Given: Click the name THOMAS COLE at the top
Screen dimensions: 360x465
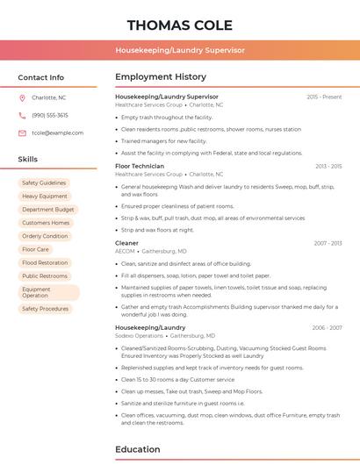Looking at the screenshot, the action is (x=180, y=25).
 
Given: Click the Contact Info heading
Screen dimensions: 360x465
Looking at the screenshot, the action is (x=41, y=77).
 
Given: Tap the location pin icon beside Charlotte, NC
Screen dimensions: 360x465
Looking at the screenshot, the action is (x=22, y=97).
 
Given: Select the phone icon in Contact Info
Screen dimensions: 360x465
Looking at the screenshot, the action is (x=22, y=115).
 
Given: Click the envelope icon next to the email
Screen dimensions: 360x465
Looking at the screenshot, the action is (x=22, y=132).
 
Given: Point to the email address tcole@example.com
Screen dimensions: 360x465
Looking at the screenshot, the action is (x=58, y=132).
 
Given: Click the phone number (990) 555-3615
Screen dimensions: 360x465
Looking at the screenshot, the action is (x=50, y=115).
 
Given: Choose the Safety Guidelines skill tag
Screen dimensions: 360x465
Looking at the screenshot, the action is (x=44, y=182).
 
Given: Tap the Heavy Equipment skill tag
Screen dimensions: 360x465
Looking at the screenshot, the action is (x=45, y=197).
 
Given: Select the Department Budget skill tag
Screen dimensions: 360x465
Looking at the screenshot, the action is (x=48, y=210).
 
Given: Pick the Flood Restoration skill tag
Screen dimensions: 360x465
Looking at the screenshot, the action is (x=45, y=262).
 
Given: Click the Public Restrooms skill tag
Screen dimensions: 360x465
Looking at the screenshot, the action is (x=45, y=275).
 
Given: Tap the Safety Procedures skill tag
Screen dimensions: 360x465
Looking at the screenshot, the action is (x=45, y=309).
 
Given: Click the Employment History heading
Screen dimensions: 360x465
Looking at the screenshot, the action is (x=161, y=77).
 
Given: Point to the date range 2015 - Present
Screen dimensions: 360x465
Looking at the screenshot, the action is (x=324, y=97).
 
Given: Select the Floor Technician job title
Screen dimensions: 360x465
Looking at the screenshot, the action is (x=140, y=166).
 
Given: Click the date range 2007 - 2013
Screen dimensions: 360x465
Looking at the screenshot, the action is (x=328, y=242).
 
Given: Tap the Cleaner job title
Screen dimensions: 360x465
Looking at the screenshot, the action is (x=126, y=242).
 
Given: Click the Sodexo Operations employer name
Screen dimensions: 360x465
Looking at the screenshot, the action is (x=139, y=335).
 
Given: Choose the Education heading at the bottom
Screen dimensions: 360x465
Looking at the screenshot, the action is (x=137, y=449).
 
